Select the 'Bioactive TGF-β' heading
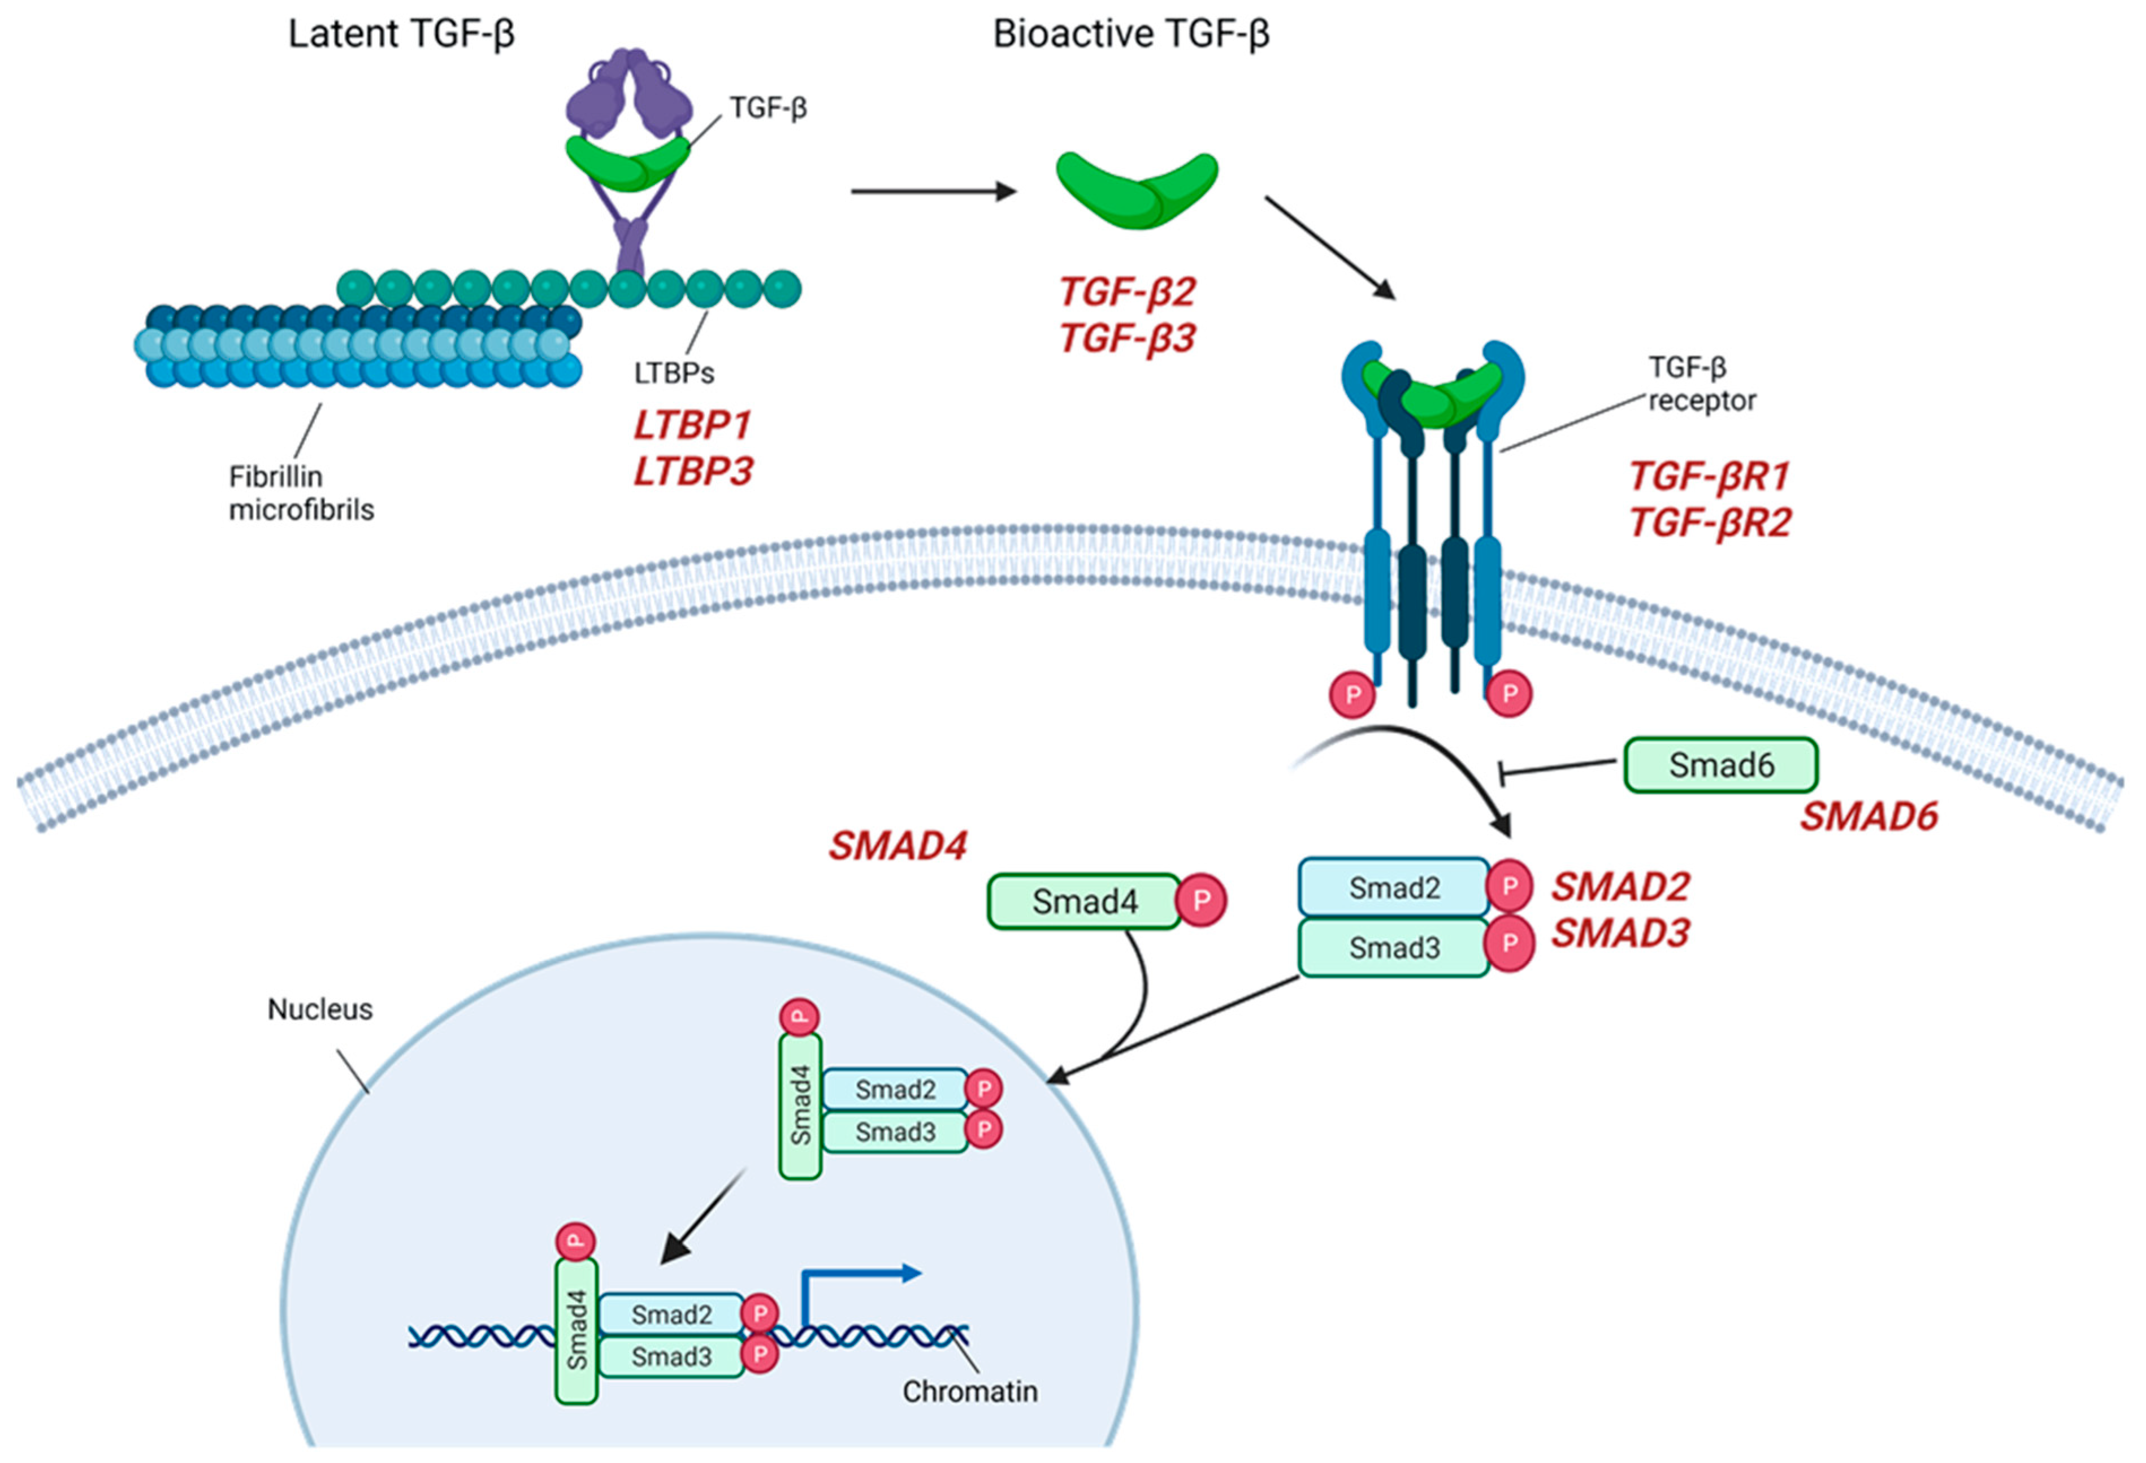pos(1130,34)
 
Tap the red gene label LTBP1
pos(692,425)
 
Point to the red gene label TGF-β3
pos(1126,338)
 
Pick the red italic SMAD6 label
pos(1868,817)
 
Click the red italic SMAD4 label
pos(898,846)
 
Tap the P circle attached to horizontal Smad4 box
pos(1202,901)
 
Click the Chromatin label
pos(970,1391)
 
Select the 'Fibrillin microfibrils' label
pos(301,493)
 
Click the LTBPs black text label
pos(674,373)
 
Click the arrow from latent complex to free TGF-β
pos(933,192)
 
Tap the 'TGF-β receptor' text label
pos(1701,384)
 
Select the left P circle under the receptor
pos(1353,694)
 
